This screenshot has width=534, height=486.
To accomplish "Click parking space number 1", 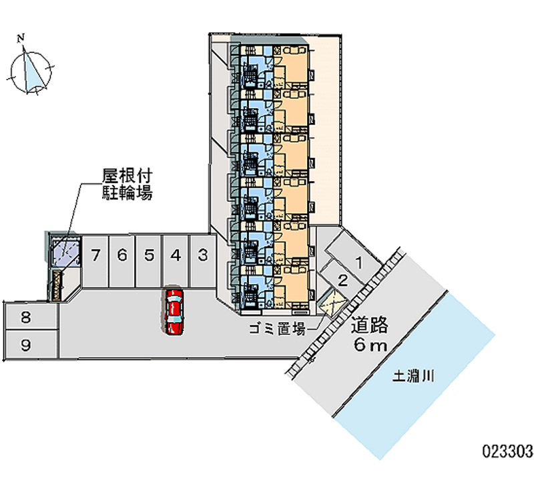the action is pos(358,261).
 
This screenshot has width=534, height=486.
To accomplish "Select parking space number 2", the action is pos(342,280).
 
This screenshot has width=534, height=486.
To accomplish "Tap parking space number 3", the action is pos(202,255).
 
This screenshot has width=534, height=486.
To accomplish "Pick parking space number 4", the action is pos(176,255).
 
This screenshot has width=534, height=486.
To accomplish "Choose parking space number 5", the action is pos(149,255).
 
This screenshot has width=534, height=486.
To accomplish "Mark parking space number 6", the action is pos(122,255).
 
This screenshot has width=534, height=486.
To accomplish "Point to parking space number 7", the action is pos(96,255).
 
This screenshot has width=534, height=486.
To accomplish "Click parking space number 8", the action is pos(25,318).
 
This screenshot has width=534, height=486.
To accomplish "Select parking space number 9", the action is pos(25,345).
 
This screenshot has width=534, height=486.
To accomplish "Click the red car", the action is pos(174,312).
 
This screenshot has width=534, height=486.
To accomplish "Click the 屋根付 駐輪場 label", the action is pos(127,185).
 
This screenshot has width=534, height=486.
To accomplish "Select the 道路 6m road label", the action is pos(370,335).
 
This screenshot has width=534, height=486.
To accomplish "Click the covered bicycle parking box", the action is pos(65,253).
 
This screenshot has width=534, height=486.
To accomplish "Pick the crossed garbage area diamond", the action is pos(332,305).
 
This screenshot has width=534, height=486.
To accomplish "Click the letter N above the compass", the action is pos(22,37).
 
